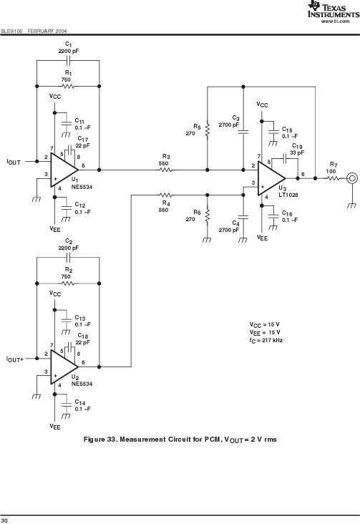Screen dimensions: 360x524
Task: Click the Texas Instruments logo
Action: pos(334,9)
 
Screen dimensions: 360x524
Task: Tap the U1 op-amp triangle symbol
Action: pos(64,170)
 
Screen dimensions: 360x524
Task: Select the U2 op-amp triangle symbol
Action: pos(64,367)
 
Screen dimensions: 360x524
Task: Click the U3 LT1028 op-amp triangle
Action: pos(271,178)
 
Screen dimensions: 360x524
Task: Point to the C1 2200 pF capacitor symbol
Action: pos(68,60)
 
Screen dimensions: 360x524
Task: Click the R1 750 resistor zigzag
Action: pos(68,86)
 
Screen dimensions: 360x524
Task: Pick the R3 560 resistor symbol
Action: pos(166,170)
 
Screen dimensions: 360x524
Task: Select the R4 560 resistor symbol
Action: pos(166,195)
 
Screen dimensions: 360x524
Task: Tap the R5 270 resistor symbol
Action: pos(208,131)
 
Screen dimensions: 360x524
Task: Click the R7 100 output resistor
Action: pos(334,178)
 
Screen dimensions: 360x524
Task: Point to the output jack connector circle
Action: pos(352,178)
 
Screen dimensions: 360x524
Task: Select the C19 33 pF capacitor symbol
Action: pos(285,158)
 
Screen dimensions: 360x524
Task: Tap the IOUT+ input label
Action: pos(15,359)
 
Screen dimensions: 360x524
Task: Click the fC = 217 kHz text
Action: pos(266,341)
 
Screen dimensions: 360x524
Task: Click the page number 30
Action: pos(4,520)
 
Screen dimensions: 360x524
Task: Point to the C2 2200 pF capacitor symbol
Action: pos(68,257)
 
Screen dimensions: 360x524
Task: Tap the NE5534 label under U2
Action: pos(82,384)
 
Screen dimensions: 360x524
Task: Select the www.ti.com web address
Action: pos(335,21)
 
